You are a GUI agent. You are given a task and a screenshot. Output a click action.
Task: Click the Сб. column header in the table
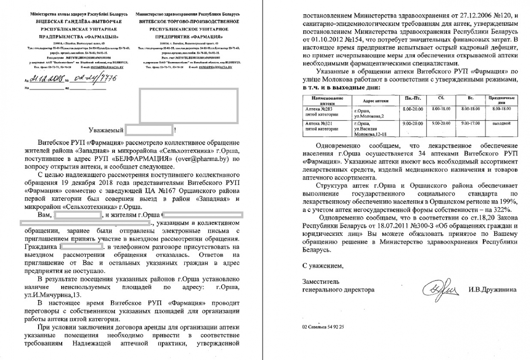(441, 98)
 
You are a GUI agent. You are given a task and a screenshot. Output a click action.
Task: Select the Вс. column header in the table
(470, 98)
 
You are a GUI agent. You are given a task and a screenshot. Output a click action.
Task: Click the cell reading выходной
(501, 123)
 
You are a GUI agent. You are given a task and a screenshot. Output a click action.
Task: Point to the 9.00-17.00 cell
(470, 123)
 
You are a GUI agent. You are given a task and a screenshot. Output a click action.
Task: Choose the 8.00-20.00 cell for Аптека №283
(412, 108)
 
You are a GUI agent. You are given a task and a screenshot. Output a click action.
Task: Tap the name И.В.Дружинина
(494, 290)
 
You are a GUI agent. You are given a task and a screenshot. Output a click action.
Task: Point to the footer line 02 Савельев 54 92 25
(323, 327)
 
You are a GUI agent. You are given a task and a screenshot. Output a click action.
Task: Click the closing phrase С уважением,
(323, 266)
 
